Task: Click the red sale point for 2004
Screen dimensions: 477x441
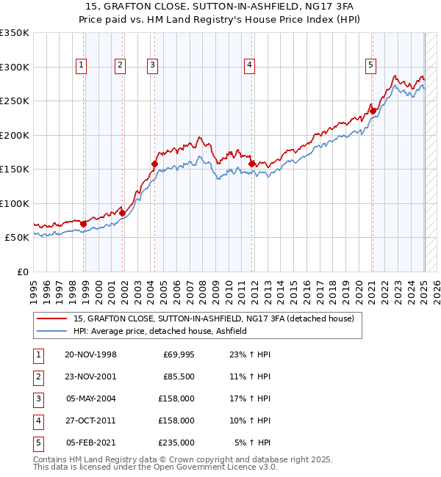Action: pyautogui.click(x=154, y=164)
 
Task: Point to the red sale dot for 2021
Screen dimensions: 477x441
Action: pyautogui.click(x=373, y=112)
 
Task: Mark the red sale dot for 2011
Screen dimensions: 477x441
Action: pyautogui.click(x=251, y=164)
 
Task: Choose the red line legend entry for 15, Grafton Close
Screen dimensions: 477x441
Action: pyautogui.click(x=214, y=318)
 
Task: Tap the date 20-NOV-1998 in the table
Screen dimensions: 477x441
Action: pyautogui.click(x=90, y=354)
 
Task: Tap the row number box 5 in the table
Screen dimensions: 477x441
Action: pyautogui.click(x=37, y=443)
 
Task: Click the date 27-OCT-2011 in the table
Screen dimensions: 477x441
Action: pyautogui.click(x=90, y=420)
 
